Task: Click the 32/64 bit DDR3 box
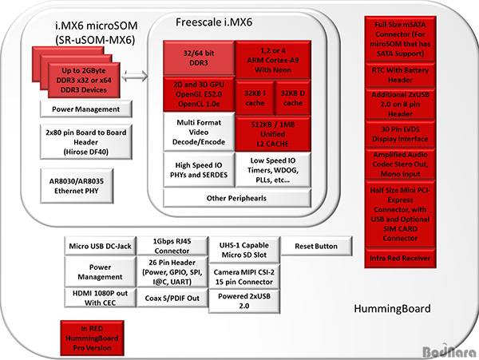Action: coord(199,58)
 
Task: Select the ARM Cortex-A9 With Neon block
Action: coord(273,60)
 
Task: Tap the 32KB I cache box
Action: coord(255,98)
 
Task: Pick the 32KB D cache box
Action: coord(293,98)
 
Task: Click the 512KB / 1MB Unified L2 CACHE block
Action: coord(273,134)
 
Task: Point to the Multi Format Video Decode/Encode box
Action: coord(199,132)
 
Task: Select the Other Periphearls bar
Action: coord(237,198)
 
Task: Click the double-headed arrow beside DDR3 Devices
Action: coord(135,76)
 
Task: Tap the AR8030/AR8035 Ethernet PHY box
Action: coord(77,186)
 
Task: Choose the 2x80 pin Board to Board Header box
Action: coord(86,142)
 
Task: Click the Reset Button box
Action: coord(316,246)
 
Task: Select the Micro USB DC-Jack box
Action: coord(101,246)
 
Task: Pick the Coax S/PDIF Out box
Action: coord(172,298)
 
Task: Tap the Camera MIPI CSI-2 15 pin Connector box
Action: coord(244,277)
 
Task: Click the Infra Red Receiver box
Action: coord(400,259)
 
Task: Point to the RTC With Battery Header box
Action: coord(400,75)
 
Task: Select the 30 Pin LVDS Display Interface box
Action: coord(400,134)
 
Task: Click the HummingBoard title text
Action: coord(392,308)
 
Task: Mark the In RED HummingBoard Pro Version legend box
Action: coord(92,338)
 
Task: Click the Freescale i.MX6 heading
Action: coord(214,22)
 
